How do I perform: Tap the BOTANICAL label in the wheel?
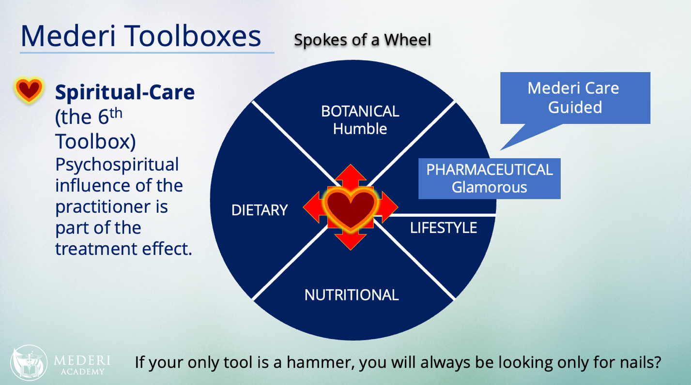pyautogui.click(x=360, y=111)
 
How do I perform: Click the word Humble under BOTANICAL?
pyautogui.click(x=360, y=129)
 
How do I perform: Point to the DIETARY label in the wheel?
pyautogui.click(x=259, y=210)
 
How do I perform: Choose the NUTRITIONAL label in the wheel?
pyautogui.click(x=351, y=295)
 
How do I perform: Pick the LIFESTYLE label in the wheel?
pyautogui.click(x=443, y=227)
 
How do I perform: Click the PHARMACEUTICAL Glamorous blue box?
pyautogui.click(x=489, y=178)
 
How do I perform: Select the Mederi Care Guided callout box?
pyautogui.click(x=575, y=98)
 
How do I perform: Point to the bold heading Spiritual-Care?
pyautogui.click(x=125, y=92)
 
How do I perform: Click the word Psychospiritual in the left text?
pyautogui.click(x=117, y=164)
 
